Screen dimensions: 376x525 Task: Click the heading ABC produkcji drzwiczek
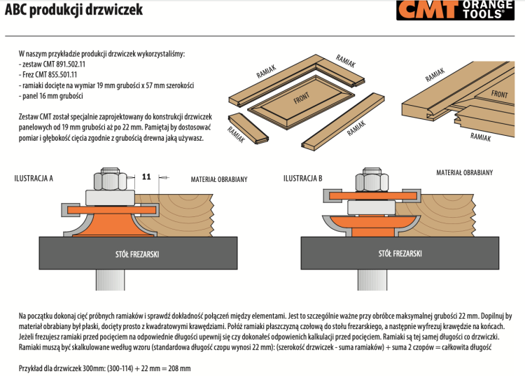tap(73, 11)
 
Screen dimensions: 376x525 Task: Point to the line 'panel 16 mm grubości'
tap(52, 95)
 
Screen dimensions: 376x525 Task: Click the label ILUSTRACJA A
tap(34, 179)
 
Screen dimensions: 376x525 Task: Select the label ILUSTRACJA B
tap(302, 179)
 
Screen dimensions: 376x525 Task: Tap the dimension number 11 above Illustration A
tap(146, 177)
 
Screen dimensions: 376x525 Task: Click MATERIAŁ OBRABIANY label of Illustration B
tap(465, 172)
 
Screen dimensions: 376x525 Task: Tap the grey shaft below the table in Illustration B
tap(370, 280)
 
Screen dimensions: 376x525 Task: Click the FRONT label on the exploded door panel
tap(302, 99)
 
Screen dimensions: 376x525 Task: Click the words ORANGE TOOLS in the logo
tap(487, 10)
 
